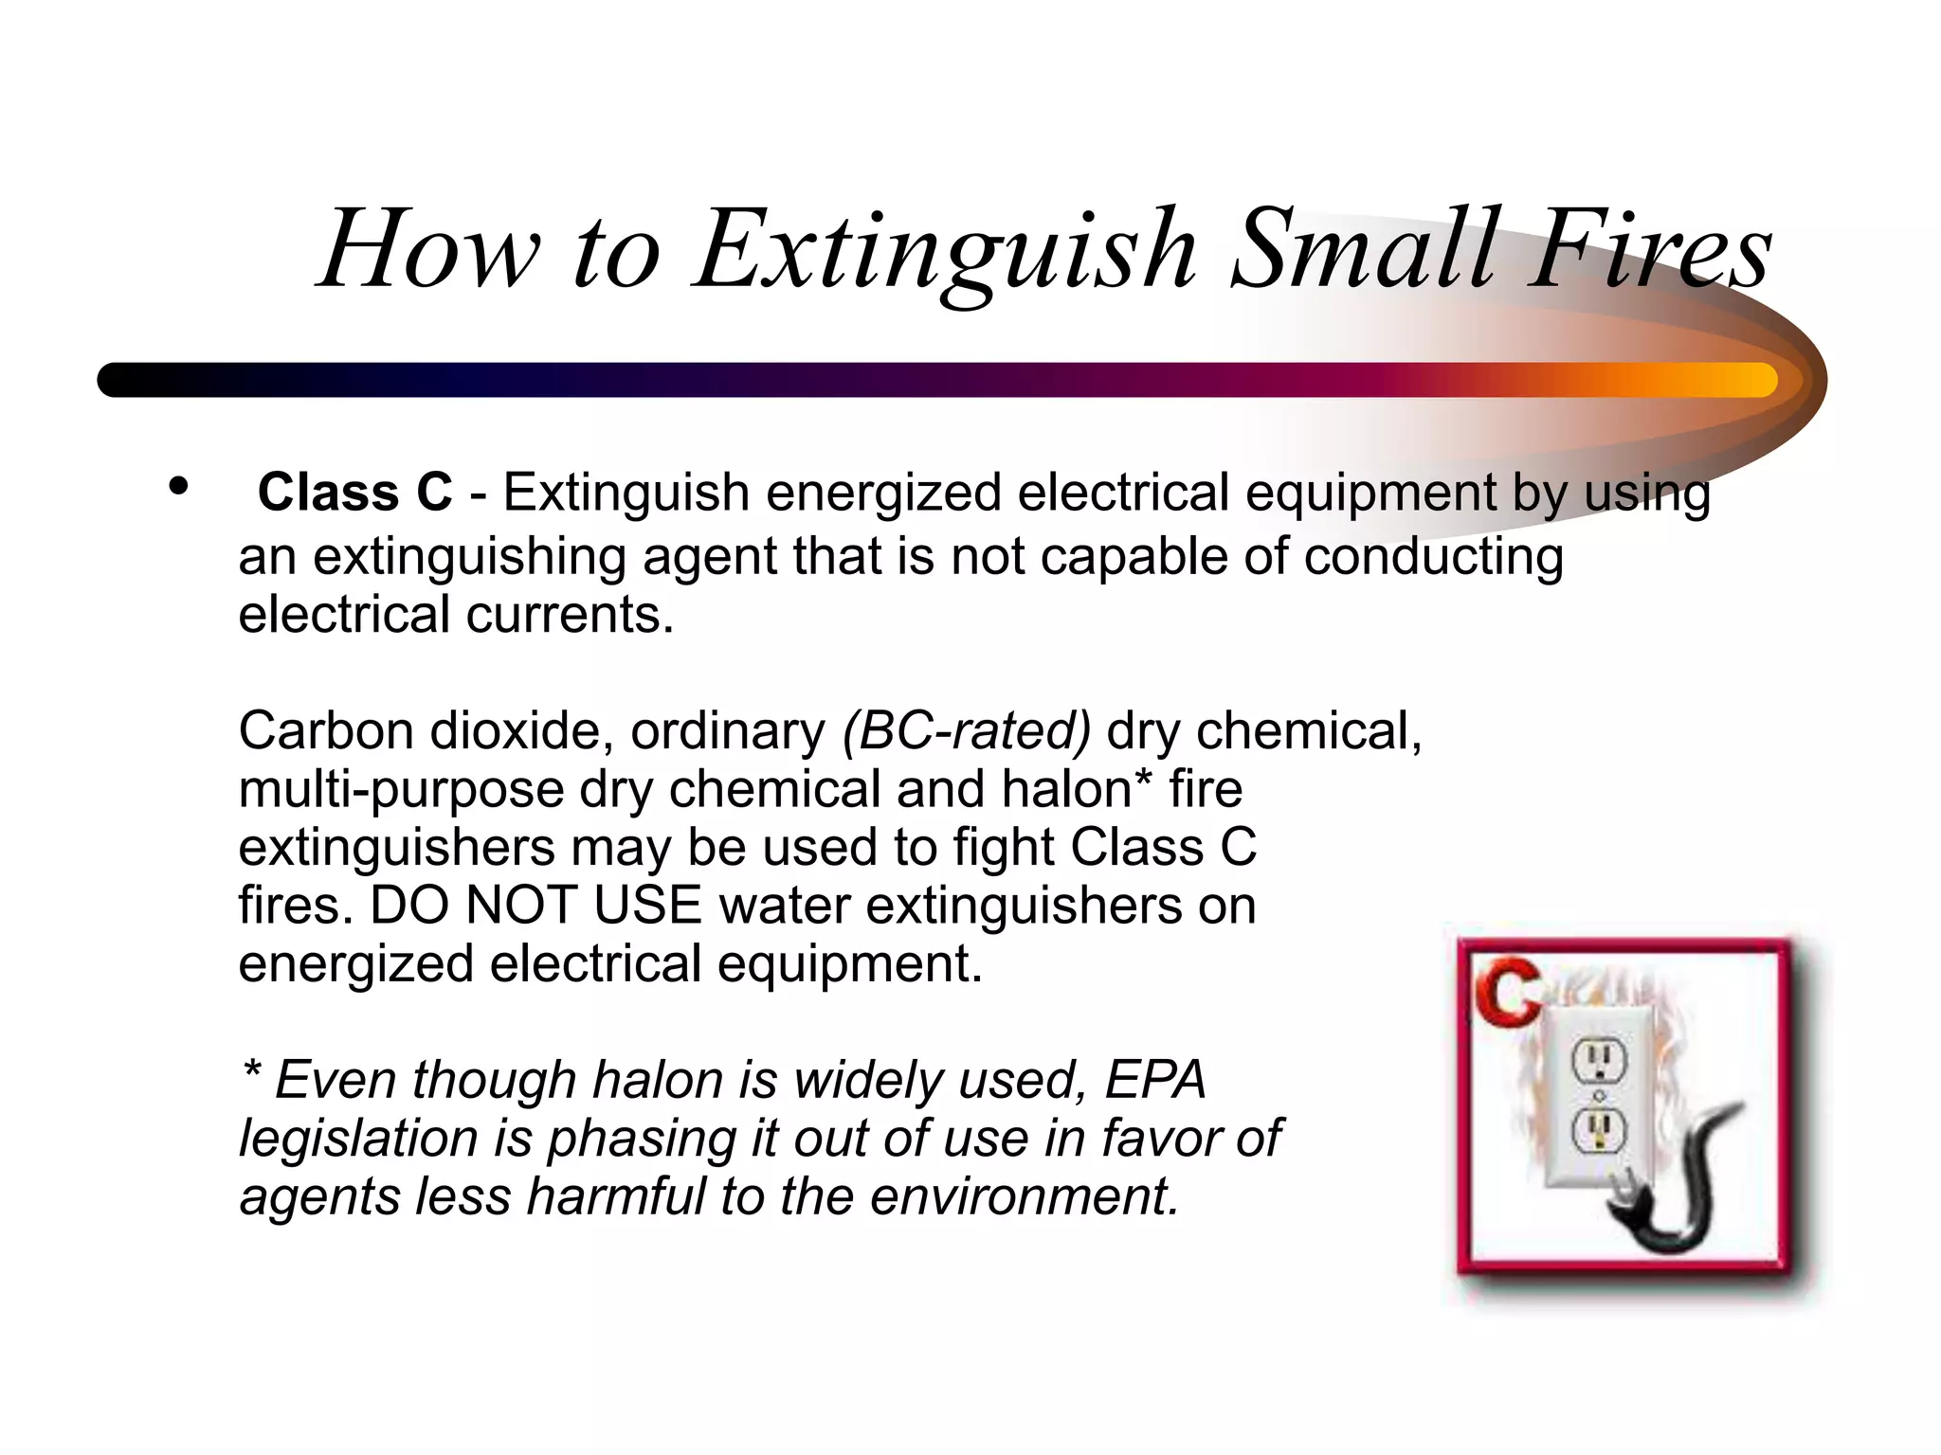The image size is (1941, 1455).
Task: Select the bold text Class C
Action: (354, 493)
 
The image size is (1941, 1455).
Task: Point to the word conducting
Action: (1433, 556)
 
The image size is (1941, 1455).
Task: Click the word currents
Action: (569, 615)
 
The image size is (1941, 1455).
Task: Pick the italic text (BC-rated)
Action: (966, 731)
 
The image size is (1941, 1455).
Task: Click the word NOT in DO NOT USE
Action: (520, 905)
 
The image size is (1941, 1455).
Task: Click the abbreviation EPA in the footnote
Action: (1155, 1080)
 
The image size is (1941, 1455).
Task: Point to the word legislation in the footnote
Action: (357, 1139)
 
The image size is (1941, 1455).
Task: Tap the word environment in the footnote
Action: (1024, 1196)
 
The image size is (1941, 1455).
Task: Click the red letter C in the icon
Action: (1506, 991)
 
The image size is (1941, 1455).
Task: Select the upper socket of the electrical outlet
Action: (1599, 1060)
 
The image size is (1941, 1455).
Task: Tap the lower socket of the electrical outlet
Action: (1599, 1129)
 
